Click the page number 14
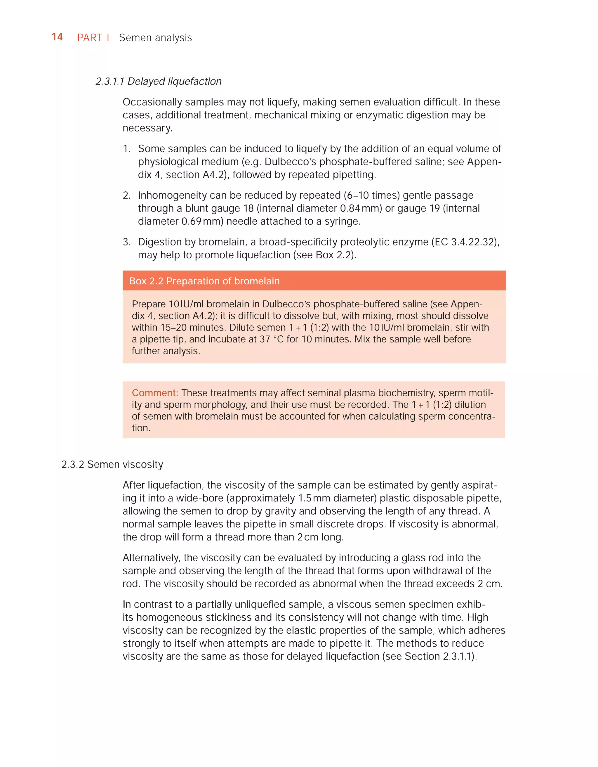(x=57, y=37)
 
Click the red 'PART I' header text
(x=93, y=38)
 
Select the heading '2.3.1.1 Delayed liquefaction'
(x=158, y=81)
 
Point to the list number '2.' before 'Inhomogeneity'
(x=126, y=195)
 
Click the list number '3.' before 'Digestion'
(x=126, y=242)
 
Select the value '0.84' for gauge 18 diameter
(x=350, y=208)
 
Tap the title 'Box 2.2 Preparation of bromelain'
(x=204, y=281)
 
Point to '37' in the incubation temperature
(x=264, y=339)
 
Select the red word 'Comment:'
(x=155, y=393)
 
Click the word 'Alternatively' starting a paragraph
(x=151, y=558)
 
